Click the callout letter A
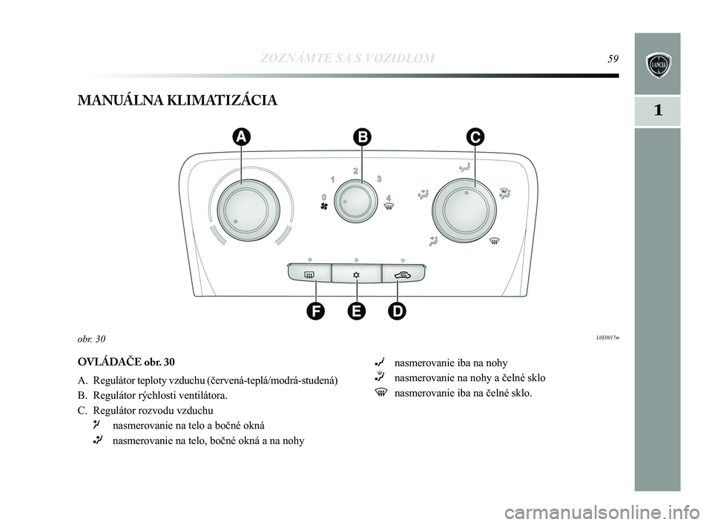(x=241, y=136)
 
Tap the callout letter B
(x=361, y=136)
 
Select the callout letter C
(x=475, y=136)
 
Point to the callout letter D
(x=398, y=311)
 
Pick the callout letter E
(x=357, y=311)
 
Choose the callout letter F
(x=317, y=311)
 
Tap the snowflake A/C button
(x=357, y=275)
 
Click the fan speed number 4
(x=389, y=198)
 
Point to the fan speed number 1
(x=333, y=179)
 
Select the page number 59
(x=613, y=59)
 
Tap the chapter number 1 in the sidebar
(x=657, y=111)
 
